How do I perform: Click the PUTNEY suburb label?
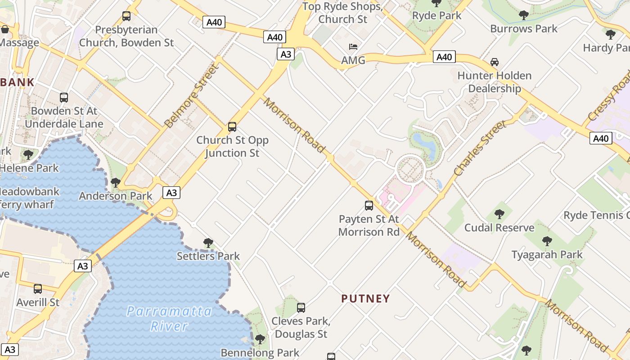[x=365, y=298]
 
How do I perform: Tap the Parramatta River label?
[x=169, y=318]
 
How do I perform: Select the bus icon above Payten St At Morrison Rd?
[x=369, y=206]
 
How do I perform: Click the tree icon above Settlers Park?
[x=208, y=243]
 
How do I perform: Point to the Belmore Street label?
[x=191, y=96]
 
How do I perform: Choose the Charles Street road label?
[x=480, y=148]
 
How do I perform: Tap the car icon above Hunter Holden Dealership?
[x=495, y=62]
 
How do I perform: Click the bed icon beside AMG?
[x=353, y=47]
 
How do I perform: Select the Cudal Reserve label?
[x=499, y=228]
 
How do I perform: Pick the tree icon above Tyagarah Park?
[x=547, y=241]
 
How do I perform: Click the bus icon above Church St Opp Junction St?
[x=232, y=127]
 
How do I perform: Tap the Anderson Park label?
[x=116, y=196]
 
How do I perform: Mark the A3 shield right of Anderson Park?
[x=171, y=193]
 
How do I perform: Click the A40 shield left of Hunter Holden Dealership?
[x=444, y=57]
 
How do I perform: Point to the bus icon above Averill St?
[x=38, y=289]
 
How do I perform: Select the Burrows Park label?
[x=524, y=29]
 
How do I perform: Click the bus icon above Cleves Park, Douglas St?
[x=301, y=308]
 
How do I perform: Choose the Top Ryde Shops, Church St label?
[x=342, y=13]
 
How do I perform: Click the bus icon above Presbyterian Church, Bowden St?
[x=126, y=16]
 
